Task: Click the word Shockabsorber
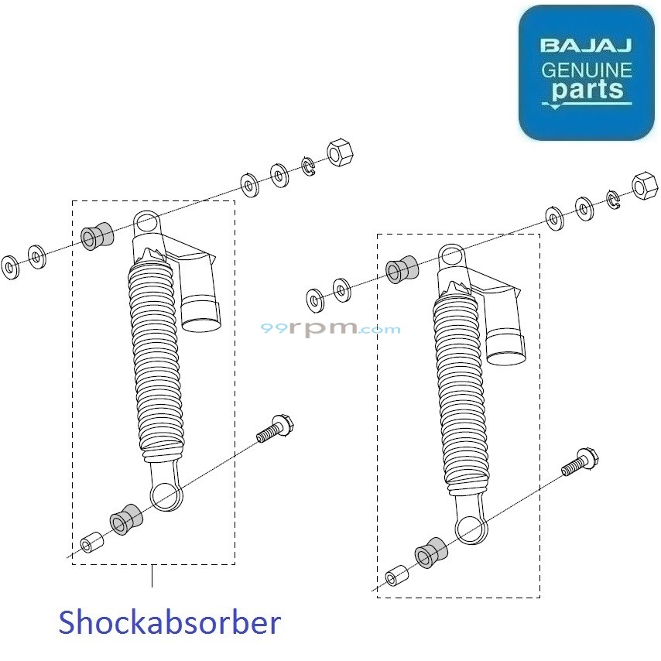(170, 622)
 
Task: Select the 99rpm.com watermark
(330, 328)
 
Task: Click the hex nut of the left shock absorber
(339, 152)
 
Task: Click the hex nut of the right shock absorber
(643, 187)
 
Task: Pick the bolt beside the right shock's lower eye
(581, 462)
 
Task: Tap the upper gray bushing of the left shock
(97, 237)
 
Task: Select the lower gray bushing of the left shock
(123, 520)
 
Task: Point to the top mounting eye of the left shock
(148, 224)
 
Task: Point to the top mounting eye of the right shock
(451, 257)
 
